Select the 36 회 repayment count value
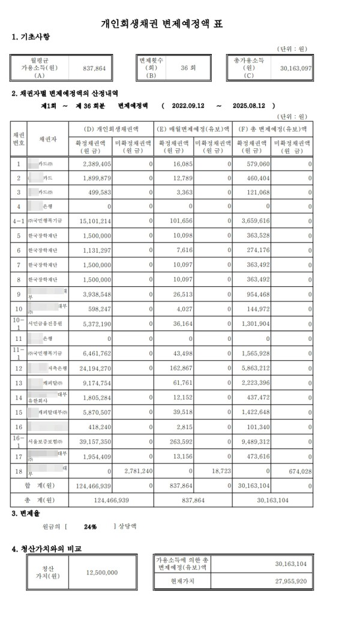coord(188,68)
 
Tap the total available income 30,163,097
coord(296,69)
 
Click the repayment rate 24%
coord(91,526)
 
